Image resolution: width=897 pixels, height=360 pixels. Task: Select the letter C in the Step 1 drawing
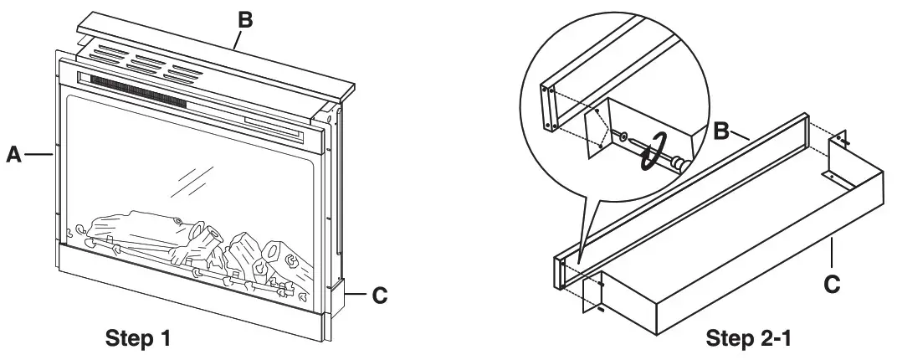click(x=378, y=295)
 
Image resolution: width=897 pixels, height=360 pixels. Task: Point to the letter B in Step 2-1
click(x=724, y=131)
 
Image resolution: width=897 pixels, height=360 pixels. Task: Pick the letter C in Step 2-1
click(x=832, y=283)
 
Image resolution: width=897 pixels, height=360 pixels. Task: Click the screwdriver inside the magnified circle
click(x=661, y=152)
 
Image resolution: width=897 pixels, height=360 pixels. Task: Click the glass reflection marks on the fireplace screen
click(x=190, y=178)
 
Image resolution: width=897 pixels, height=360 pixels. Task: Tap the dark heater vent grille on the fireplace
click(x=138, y=90)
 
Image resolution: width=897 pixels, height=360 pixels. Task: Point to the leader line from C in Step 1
click(x=356, y=295)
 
